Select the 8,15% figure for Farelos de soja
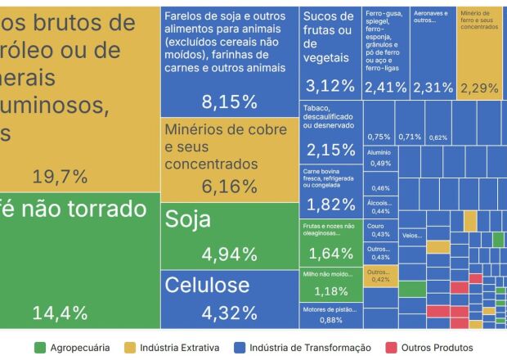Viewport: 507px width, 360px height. coord(229,102)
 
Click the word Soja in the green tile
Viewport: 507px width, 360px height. coord(188,219)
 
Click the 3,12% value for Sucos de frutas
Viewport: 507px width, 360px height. coord(330,85)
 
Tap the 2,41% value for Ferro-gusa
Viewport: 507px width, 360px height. coord(385,87)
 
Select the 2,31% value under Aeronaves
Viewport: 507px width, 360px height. coord(433,87)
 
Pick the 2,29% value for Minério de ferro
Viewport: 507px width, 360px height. coord(479,87)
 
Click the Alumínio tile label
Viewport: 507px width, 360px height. coord(379,153)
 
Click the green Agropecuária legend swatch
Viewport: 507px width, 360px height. coord(39,348)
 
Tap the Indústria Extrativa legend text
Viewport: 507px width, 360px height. coord(178,348)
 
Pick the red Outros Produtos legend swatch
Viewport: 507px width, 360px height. coord(391,348)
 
